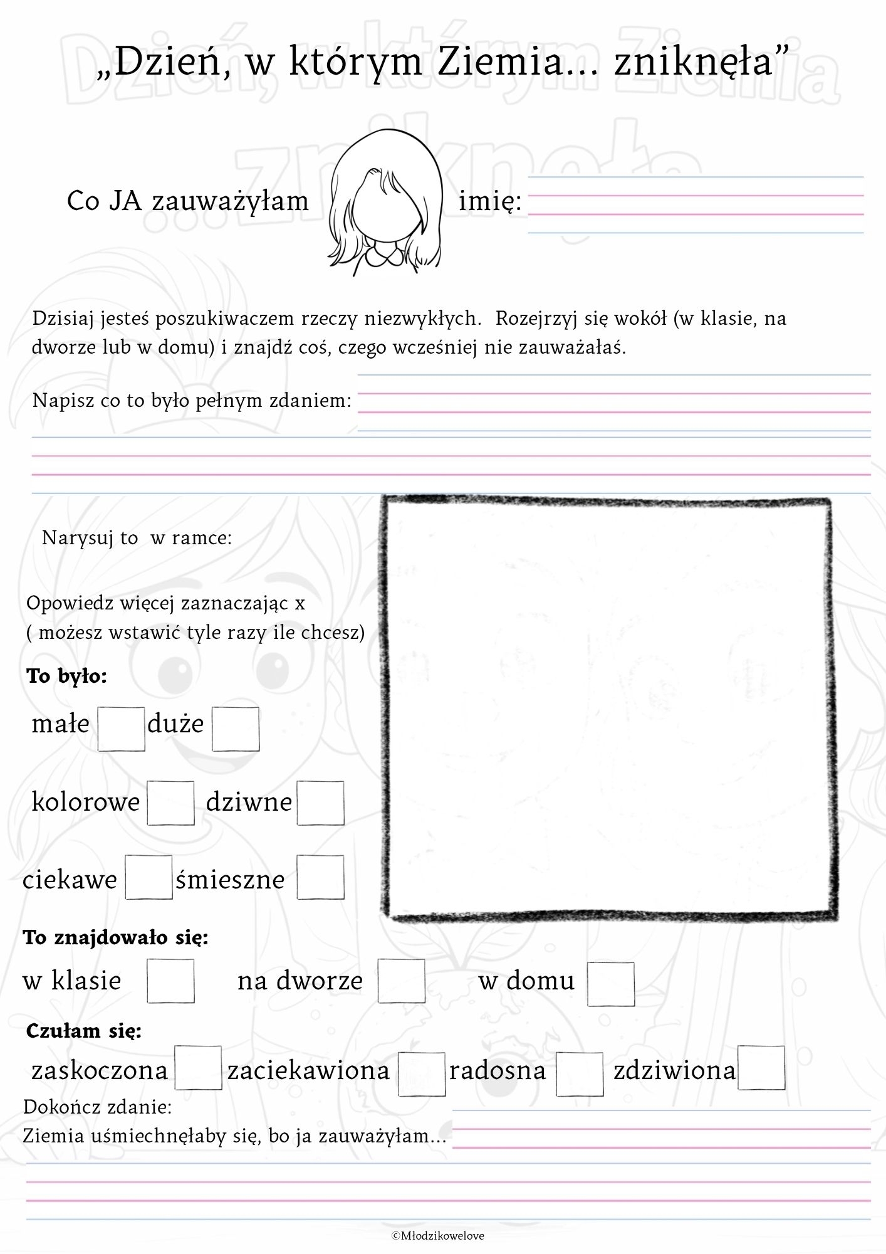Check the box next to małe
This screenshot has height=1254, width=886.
tap(122, 729)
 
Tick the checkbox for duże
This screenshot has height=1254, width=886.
tap(236, 729)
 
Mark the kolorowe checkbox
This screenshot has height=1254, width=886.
tap(170, 803)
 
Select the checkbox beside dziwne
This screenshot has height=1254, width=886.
tap(320, 803)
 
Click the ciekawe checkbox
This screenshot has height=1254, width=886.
tap(149, 877)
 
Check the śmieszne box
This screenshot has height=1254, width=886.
tap(320, 877)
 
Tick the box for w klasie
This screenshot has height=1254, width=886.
tap(170, 981)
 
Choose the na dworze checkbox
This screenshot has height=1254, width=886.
tap(401, 981)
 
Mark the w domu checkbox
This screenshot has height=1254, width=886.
tap(611, 983)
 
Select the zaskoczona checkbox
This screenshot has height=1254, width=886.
tap(198, 1067)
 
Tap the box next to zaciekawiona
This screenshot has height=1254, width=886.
tap(422, 1073)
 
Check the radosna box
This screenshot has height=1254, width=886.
tap(580, 1073)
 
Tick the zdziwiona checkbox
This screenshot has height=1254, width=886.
tap(761, 1067)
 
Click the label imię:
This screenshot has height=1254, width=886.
tap(490, 202)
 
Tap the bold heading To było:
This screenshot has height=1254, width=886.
tap(67, 676)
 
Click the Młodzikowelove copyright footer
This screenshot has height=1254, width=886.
tap(438, 1236)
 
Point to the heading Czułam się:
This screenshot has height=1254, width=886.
tap(84, 1031)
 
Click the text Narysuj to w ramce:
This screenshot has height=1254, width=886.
tap(137, 538)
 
